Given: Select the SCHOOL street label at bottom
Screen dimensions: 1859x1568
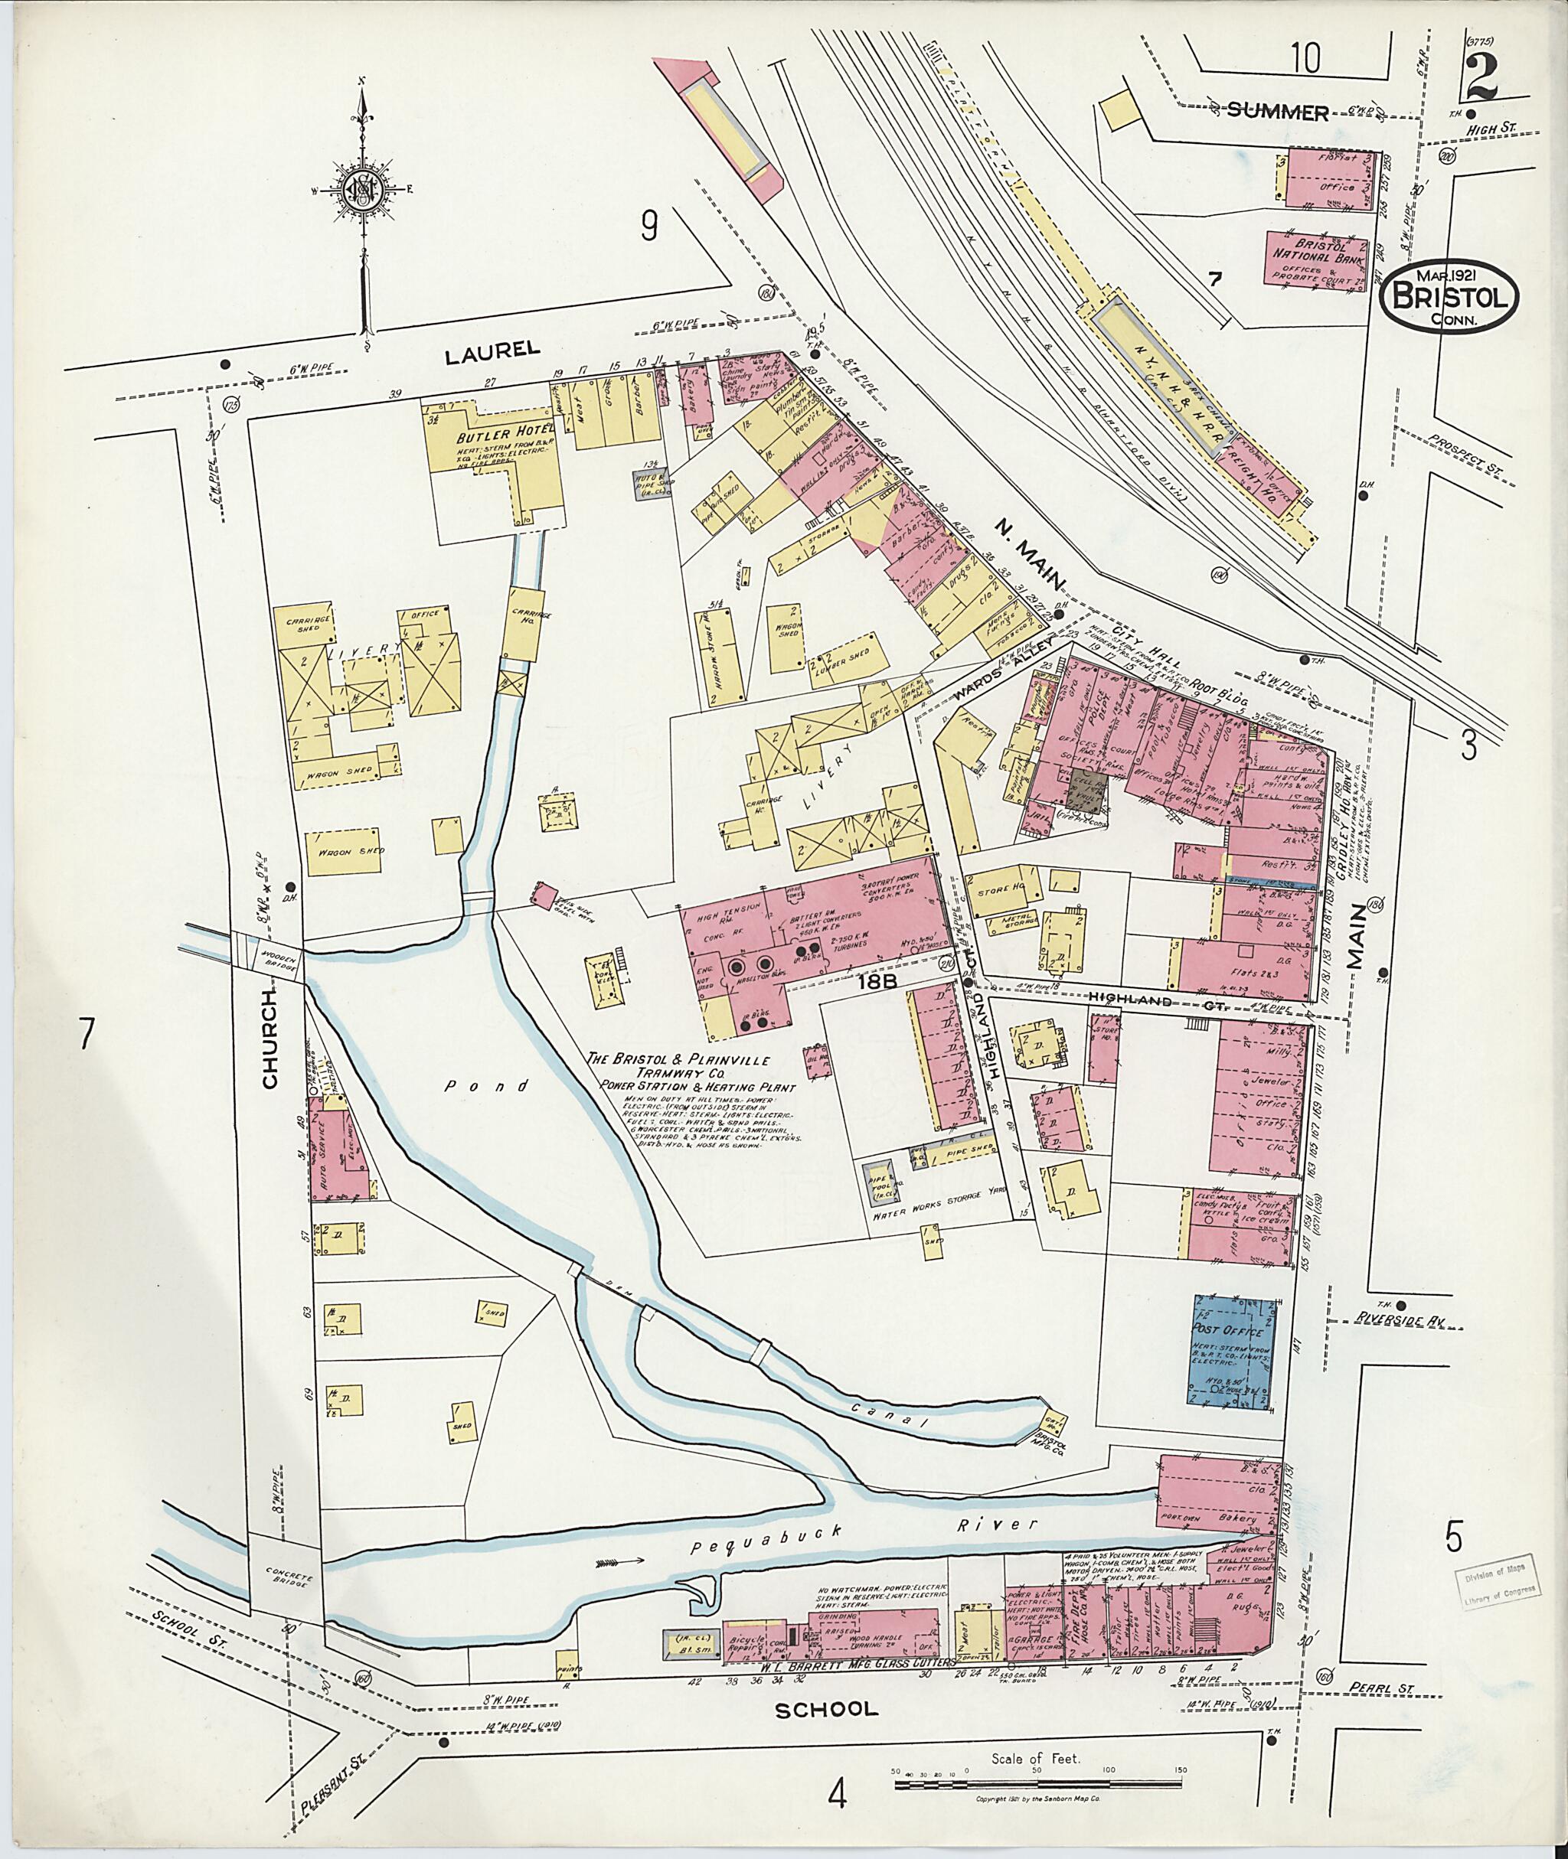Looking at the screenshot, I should pyautogui.click(x=826, y=1708).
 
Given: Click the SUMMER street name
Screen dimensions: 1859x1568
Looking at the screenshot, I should pyautogui.click(x=1277, y=112).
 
